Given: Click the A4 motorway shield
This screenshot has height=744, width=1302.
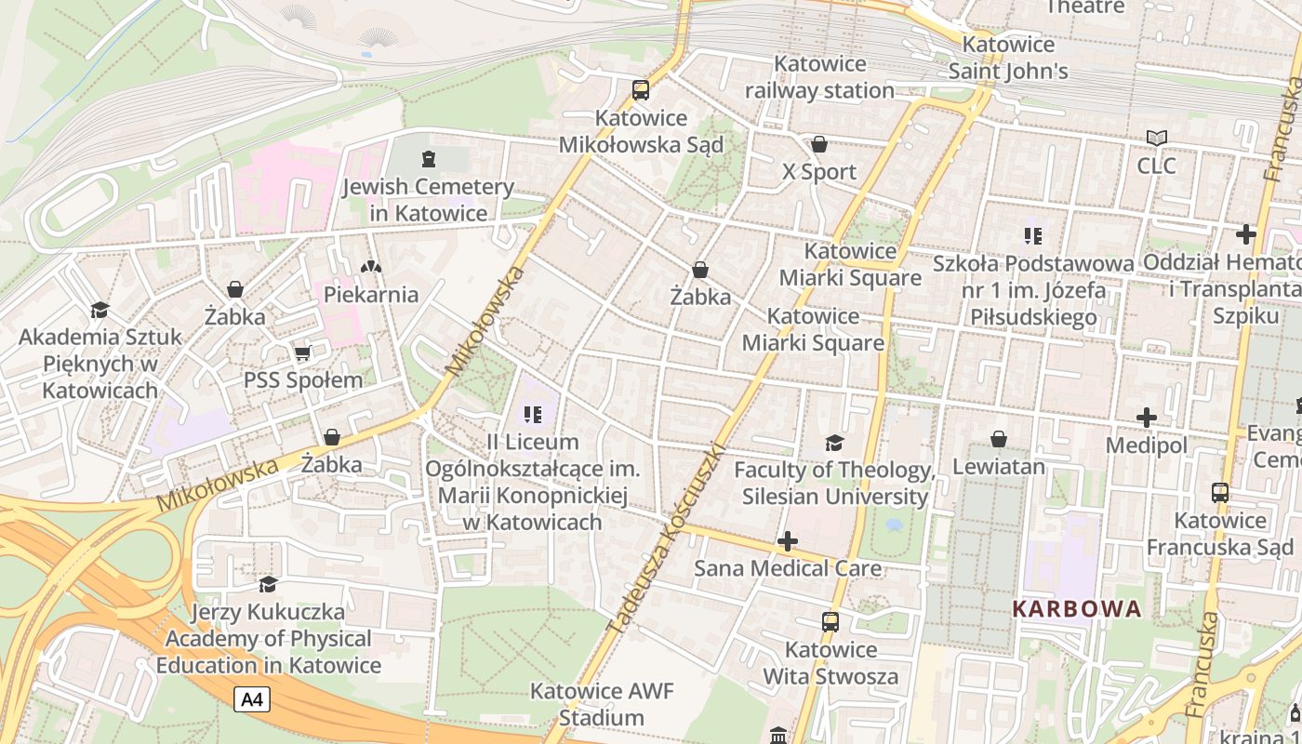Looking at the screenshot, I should (251, 699).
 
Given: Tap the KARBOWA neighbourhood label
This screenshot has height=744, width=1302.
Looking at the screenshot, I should (1076, 609).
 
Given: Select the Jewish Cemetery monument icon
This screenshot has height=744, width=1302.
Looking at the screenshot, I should (428, 159).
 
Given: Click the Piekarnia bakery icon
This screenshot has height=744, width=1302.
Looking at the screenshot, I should (371, 267).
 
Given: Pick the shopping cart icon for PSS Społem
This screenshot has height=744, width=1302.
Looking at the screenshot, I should (302, 352).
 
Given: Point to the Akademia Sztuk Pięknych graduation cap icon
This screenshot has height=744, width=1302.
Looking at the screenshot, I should (100, 309).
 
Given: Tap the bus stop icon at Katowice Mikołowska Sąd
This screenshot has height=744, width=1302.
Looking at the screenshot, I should (640, 90).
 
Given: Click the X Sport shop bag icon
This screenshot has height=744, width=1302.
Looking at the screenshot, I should (819, 144).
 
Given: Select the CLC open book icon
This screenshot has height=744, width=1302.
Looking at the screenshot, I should (1156, 139).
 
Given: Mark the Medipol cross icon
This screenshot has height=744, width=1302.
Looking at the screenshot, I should (1146, 418).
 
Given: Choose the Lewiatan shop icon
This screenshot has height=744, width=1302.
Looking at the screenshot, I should (999, 438).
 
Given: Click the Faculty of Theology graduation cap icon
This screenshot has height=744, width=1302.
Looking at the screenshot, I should (834, 443).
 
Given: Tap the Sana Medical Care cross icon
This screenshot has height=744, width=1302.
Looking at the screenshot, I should (788, 540).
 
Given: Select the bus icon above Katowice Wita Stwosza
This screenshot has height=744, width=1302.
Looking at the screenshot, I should (830, 622).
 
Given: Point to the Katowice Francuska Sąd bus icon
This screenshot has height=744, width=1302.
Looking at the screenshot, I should (1219, 493).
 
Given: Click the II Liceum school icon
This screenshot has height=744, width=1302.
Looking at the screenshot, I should (532, 414).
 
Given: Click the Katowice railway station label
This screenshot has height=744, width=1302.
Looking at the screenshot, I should (819, 77).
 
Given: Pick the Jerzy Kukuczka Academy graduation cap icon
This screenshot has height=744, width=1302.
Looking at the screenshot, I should (268, 584).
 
